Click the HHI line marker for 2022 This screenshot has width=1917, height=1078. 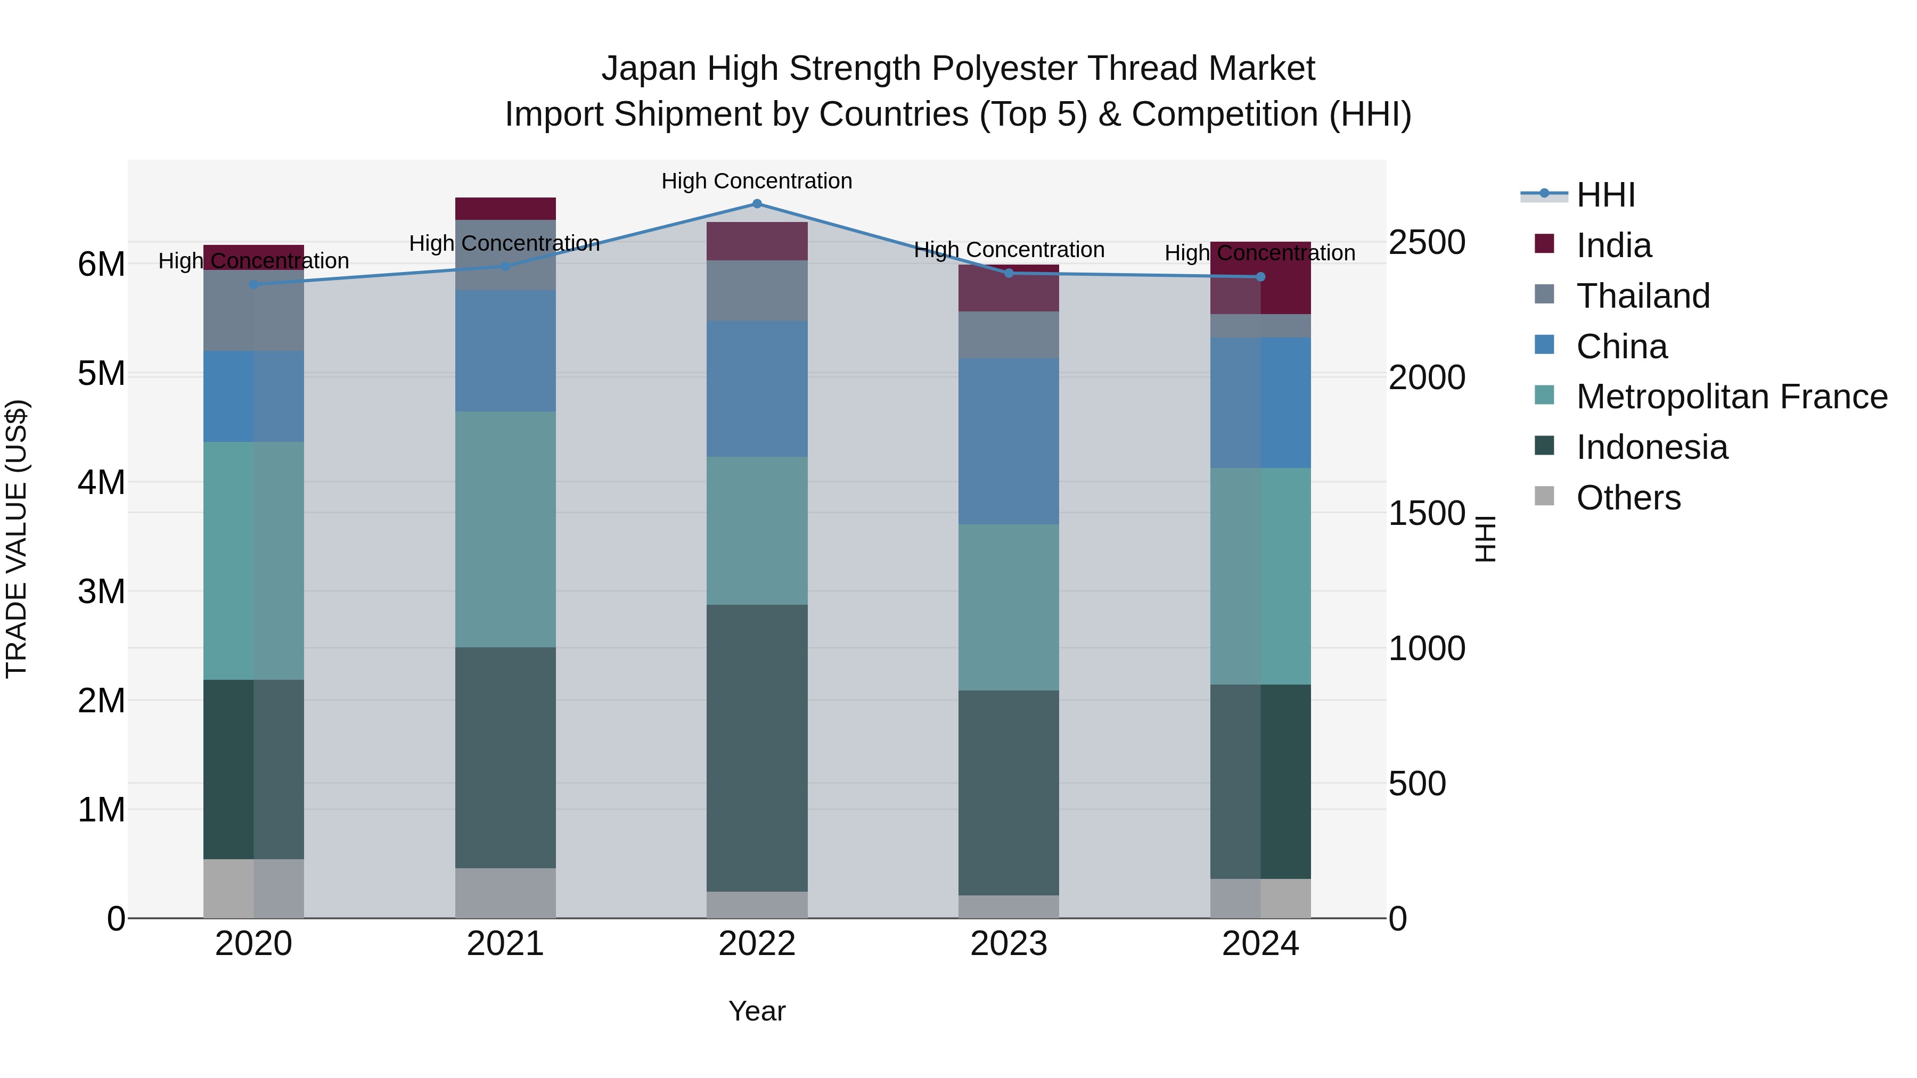(x=757, y=204)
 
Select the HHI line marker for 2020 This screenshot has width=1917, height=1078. (x=254, y=284)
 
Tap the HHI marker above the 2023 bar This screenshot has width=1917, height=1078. (x=1009, y=273)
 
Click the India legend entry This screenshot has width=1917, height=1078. (x=1613, y=245)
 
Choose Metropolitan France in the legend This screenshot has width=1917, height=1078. (x=1731, y=397)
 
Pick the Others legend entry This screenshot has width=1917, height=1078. (x=1628, y=498)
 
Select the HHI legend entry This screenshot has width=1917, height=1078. (x=1605, y=195)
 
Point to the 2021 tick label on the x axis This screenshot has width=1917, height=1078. (x=505, y=944)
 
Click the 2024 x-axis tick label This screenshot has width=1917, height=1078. (x=1260, y=944)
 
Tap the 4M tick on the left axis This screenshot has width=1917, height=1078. (x=102, y=482)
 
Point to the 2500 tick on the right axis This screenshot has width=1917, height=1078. (x=1427, y=243)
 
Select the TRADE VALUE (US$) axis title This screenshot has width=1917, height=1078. (x=17, y=539)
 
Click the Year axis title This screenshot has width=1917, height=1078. (x=757, y=1011)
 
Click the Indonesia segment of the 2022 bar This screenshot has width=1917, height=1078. (x=757, y=748)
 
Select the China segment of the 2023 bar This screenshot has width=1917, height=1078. (x=1009, y=441)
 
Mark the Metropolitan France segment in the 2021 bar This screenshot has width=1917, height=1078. (x=505, y=529)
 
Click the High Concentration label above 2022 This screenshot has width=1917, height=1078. (x=757, y=181)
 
